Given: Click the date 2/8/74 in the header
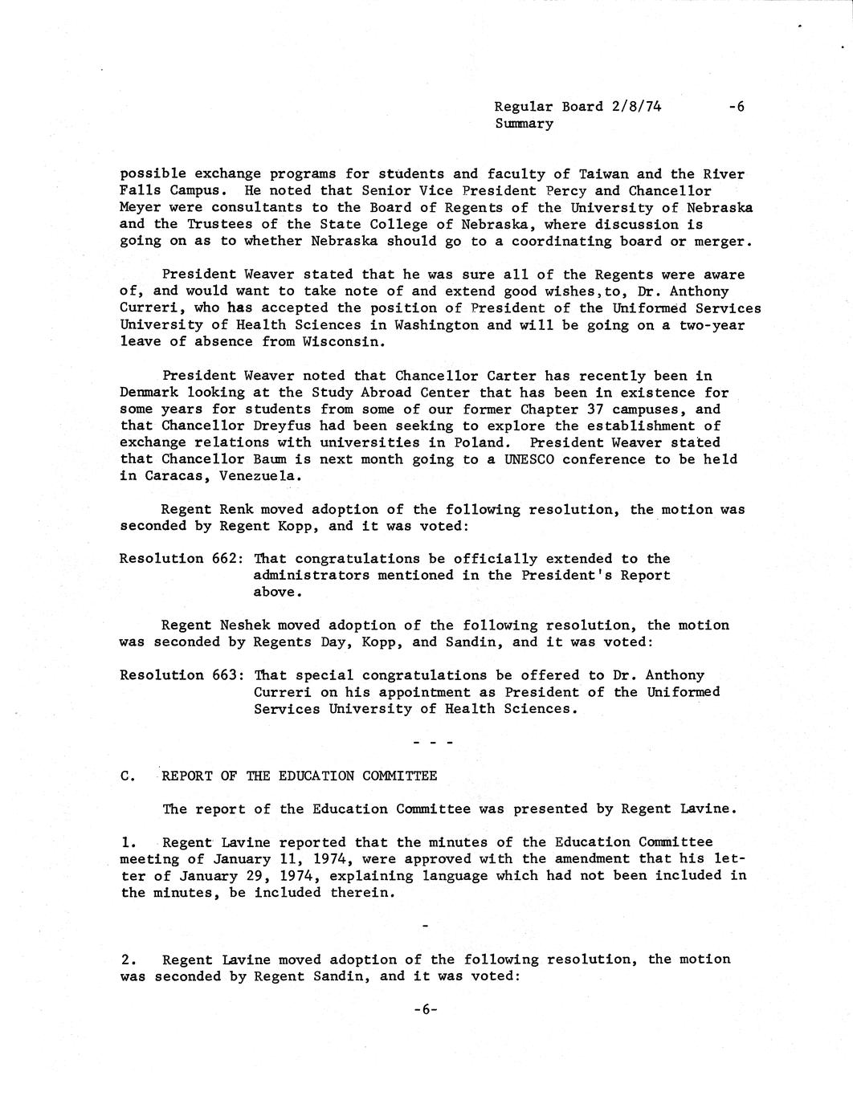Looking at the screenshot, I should [635, 106].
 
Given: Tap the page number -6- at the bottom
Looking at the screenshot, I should [425, 1010].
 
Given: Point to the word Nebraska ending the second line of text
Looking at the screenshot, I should [720, 208].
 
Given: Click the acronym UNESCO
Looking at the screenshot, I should [530, 459].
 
